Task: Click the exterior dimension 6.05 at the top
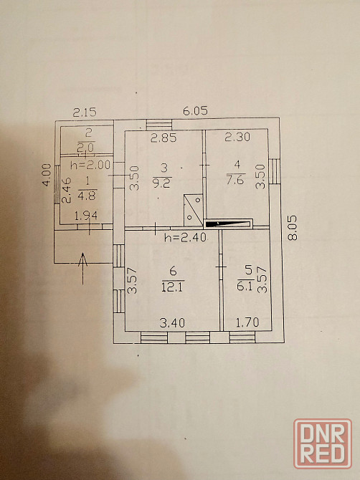pos(195,110)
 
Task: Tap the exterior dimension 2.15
pos(85,112)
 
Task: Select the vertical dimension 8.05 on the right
pos(293,228)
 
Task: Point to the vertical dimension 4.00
pos(47,175)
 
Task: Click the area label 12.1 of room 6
pos(173,287)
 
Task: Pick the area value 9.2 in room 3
pos(163,183)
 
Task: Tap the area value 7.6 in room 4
pos(235,179)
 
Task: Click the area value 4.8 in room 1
pos(87,196)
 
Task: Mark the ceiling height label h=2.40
pos(185,237)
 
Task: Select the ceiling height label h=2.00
pos(90,165)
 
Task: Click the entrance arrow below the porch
pos(82,269)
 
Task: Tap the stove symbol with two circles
pos(194,210)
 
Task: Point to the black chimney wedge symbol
pos(228,224)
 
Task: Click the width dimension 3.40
pos(173,322)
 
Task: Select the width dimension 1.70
pos(247,322)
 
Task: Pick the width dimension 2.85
pos(164,138)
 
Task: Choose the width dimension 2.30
pos(237,137)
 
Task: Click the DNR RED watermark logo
pos(323,443)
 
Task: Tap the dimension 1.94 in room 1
pos(86,216)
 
